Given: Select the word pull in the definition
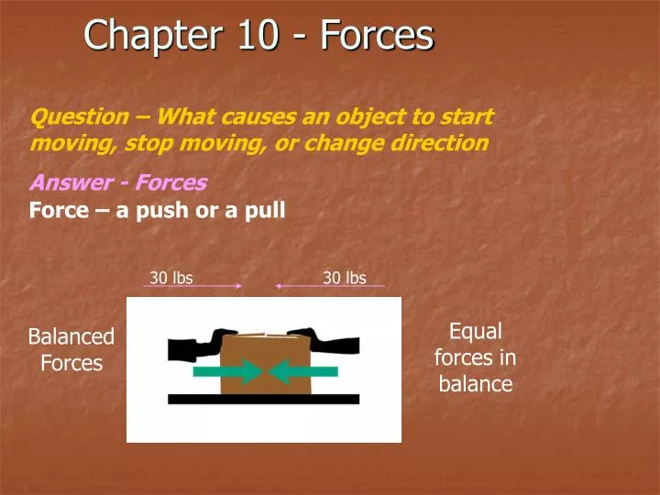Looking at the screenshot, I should point(266,210).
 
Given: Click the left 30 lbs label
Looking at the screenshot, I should point(171,278).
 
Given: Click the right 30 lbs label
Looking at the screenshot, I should point(345,278).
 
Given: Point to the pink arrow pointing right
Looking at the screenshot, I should point(192,287).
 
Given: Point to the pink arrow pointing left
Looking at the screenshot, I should point(330,287).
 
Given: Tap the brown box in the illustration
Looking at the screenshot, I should point(266,348).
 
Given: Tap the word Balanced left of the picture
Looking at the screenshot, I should point(71,336).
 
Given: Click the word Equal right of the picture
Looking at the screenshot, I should point(475,331).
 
